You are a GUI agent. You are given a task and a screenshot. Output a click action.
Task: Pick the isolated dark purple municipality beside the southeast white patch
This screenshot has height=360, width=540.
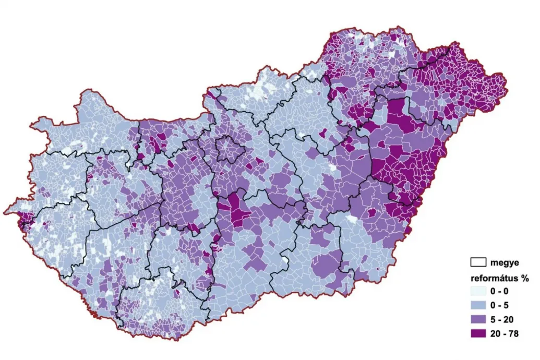click(371, 213)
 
